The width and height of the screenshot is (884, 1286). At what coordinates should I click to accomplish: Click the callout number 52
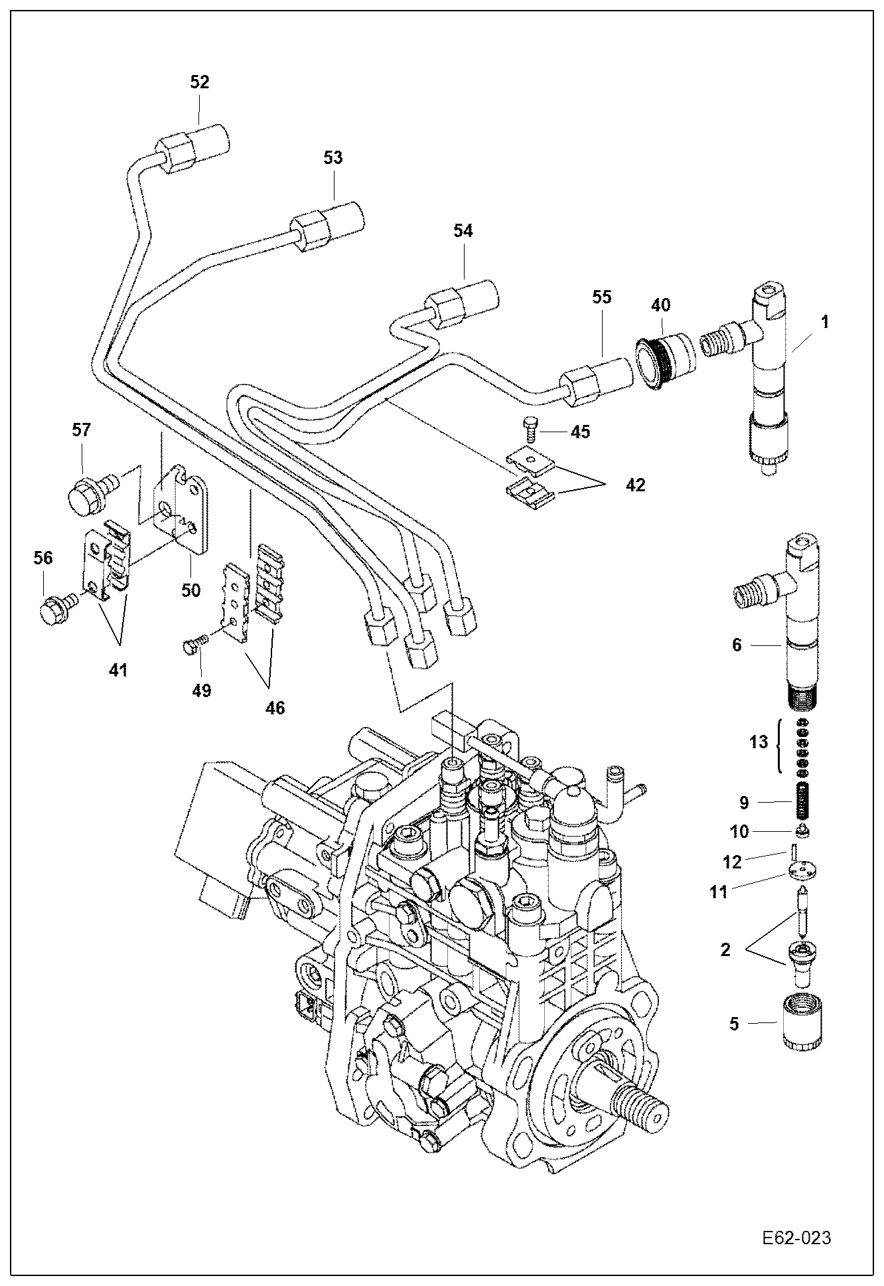coord(199,82)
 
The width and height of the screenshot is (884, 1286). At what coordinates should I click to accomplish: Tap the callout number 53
coord(333,158)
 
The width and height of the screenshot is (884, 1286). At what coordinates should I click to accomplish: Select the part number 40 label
coord(660,305)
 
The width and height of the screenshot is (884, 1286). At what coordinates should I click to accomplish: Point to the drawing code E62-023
coord(796,1238)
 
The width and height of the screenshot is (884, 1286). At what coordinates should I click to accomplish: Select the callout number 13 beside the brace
coord(758,742)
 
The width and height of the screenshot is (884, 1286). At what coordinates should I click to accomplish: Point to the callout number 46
coord(275,708)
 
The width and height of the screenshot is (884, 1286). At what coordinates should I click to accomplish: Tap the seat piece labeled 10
coord(802,831)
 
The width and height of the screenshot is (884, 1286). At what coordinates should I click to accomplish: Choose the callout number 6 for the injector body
coord(736,644)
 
